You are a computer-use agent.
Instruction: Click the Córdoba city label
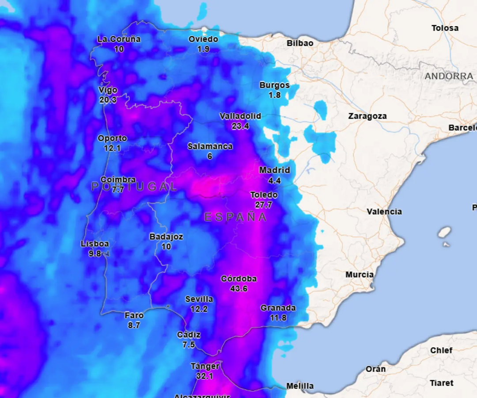[238, 279]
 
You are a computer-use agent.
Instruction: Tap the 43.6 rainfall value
[238, 289]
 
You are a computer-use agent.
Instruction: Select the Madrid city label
[274, 170]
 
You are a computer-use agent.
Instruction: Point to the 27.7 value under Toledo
[264, 205]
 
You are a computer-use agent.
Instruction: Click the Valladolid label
[240, 116]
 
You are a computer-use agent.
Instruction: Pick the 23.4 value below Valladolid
[240, 126]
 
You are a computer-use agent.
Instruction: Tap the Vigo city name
[108, 90]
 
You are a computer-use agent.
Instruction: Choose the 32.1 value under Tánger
[204, 376]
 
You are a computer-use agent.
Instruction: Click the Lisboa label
[95, 244]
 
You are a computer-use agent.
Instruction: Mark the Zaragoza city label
[367, 116]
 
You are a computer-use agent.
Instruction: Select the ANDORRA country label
[449, 77]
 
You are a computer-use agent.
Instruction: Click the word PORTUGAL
[134, 187]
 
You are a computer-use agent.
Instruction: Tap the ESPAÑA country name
[236, 217]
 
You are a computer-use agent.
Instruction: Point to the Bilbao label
[300, 43]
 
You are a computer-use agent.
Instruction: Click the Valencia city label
[384, 212]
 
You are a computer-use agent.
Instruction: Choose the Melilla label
[300, 386]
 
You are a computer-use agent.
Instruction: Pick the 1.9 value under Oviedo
[203, 49]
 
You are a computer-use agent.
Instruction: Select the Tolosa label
[445, 28]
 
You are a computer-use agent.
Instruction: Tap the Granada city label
[278, 308]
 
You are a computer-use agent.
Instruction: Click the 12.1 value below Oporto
[112, 148]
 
